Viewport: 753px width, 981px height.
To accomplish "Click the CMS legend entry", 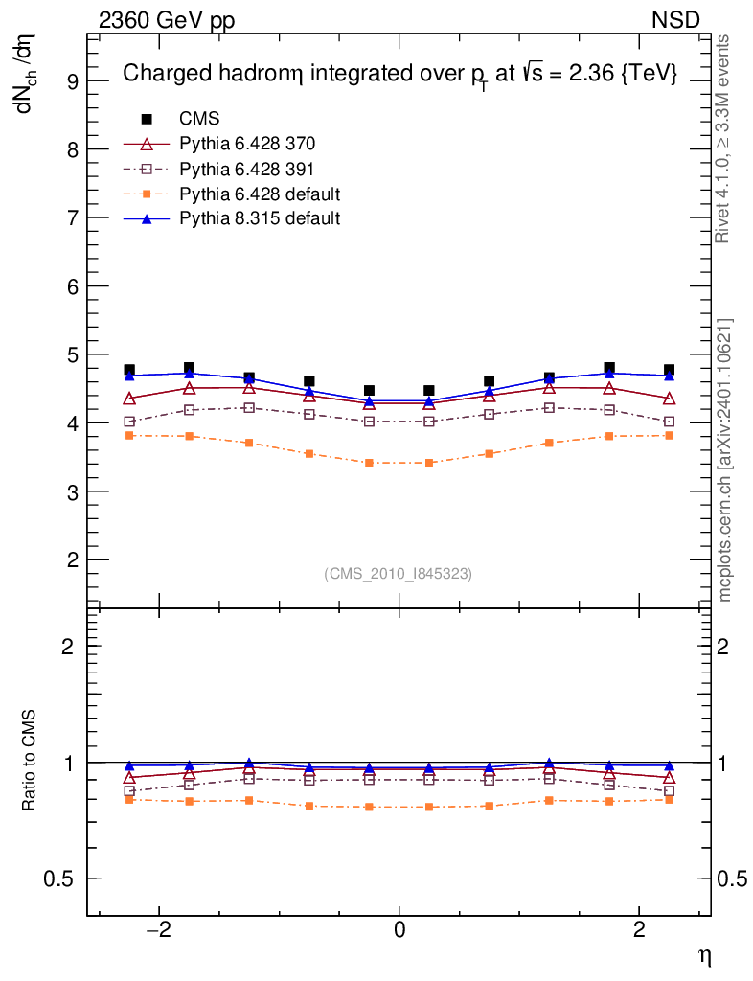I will tap(199, 119).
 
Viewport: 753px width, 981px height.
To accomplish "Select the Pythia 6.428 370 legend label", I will tap(247, 145).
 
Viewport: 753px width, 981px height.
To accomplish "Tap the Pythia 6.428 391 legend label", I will tap(247, 170).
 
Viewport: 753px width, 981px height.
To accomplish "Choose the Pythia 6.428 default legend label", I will tap(260, 194).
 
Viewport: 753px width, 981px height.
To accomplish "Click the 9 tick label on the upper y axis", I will tap(70, 80).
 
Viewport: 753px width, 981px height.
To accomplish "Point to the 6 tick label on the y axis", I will tap(70, 286).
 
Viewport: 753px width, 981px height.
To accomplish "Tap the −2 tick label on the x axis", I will tap(156, 931).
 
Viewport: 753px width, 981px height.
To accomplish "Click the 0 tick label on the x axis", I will tap(399, 931).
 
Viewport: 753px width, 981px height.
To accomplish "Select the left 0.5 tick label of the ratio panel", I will tap(60, 879).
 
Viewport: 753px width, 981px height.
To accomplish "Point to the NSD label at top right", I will tap(675, 20).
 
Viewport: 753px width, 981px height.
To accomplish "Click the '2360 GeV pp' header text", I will tap(167, 20).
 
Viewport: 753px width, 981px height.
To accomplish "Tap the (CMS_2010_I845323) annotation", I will tap(399, 573).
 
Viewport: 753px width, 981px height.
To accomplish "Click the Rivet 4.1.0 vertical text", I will tap(724, 140).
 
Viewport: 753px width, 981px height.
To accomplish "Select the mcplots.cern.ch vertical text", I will tap(724, 460).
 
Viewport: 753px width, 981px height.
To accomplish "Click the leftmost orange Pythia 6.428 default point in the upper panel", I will tap(129, 435).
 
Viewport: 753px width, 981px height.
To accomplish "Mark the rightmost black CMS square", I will tap(669, 370).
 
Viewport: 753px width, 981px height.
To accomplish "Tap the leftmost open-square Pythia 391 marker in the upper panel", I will tap(129, 422).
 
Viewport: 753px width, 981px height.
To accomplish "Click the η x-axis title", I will tap(704, 955).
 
